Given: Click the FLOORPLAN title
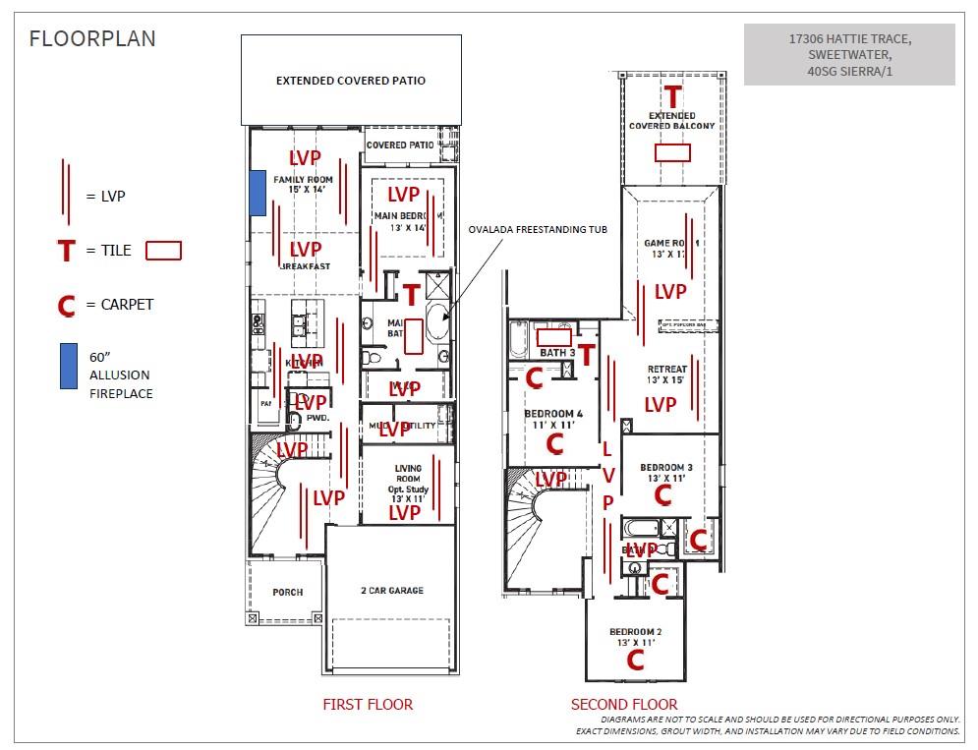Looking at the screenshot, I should pos(92,39).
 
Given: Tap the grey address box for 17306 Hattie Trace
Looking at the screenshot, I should pos(849,56).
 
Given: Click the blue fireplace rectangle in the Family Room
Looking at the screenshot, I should pos(257,193).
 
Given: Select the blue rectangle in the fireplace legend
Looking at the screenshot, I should pos(68,366).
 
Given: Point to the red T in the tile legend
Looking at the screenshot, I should pos(66,252).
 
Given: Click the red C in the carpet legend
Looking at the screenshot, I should pos(66,306).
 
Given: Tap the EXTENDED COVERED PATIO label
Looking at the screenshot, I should pos(351,81).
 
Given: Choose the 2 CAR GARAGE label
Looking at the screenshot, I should pos(391,591).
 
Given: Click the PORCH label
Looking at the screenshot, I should pos(287,593).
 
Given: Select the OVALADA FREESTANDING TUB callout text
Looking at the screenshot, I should pos(539,230).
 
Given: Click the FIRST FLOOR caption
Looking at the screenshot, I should pos(368,704).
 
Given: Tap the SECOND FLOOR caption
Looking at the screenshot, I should pos(624,704).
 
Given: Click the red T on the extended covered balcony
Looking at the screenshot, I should pos(672,96).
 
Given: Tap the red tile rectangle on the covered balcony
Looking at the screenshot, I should pos(672,152).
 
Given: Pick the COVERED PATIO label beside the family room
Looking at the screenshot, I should pos(400,145).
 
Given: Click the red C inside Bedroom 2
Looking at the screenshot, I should pos(635,660).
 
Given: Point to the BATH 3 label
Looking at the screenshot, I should pos(557,353).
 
